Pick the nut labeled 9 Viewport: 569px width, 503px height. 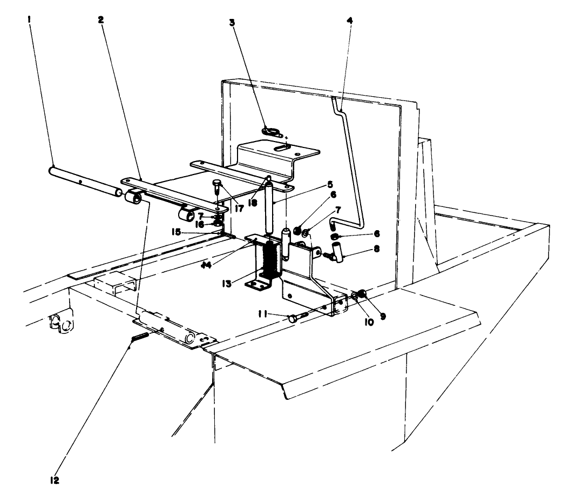pyautogui.click(x=363, y=294)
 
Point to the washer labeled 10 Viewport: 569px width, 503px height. pyautogui.click(x=355, y=295)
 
